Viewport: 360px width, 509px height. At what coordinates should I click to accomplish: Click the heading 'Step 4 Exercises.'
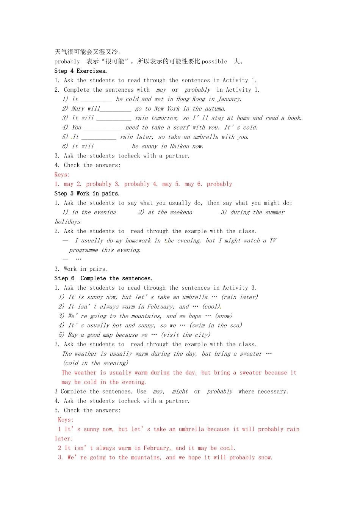[x=81, y=71]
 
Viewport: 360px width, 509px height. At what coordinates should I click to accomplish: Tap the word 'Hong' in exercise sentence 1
[x=183, y=99]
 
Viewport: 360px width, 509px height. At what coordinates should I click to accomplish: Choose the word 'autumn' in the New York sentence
[x=215, y=109]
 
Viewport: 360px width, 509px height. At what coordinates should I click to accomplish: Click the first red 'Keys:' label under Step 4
[x=62, y=175]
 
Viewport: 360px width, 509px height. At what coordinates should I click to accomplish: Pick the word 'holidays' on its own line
[x=67, y=222]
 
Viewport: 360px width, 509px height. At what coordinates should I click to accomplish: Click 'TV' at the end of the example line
[x=273, y=240]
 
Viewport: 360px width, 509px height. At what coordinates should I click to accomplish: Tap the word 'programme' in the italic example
[x=83, y=250]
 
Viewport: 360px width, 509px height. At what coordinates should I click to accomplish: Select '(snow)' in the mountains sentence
[x=224, y=316]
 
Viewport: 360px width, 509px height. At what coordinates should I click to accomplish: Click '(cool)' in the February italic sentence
[x=211, y=307]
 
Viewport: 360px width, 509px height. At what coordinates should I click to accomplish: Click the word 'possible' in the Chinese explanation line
[x=214, y=61]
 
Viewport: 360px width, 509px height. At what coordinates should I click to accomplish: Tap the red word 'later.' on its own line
[x=63, y=439]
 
